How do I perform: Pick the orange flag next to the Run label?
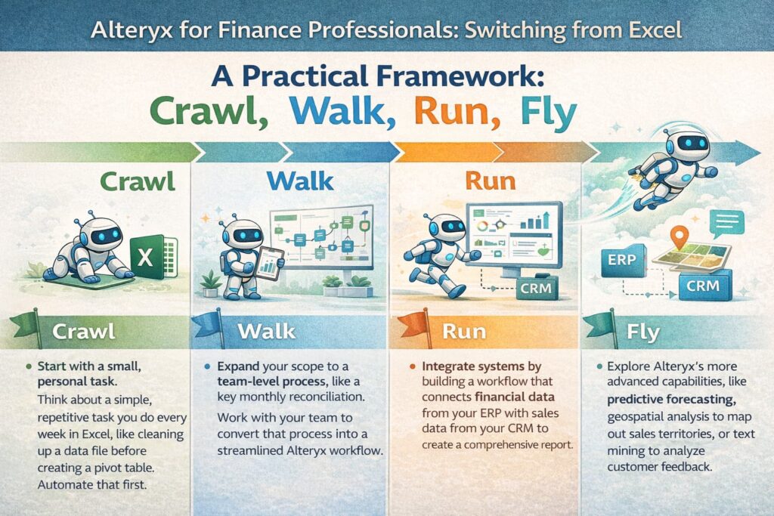coord(413,324)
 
